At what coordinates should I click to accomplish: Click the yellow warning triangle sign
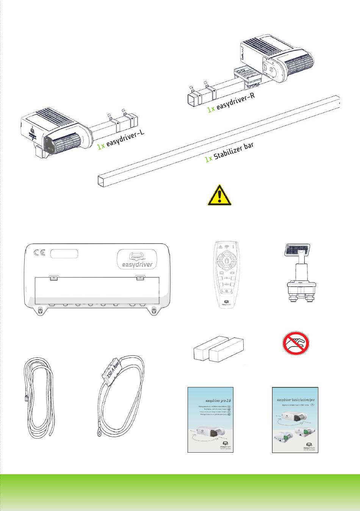pos(219,196)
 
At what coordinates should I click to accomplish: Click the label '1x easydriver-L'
pos(121,140)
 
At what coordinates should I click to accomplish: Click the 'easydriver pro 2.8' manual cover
pos(210,420)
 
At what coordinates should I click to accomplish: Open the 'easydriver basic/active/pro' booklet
pos(295,420)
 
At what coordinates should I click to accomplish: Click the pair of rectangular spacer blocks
pos(219,349)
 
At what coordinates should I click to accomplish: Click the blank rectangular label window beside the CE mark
pos(64,253)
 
